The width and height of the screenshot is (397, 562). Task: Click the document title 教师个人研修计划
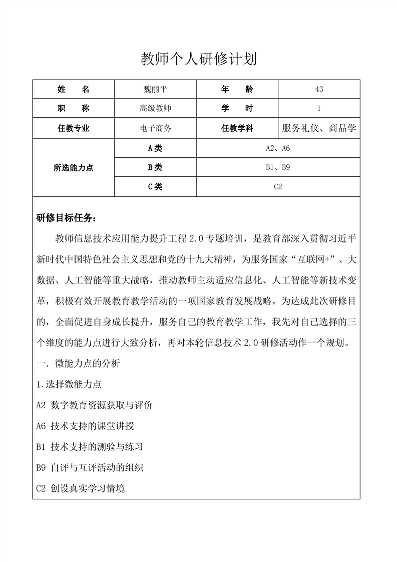(198, 60)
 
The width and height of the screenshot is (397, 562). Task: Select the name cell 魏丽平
(155, 89)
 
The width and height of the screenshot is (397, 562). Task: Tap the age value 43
(319, 89)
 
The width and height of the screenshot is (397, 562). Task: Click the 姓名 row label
(74, 89)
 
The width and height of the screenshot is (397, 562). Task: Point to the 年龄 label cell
(237, 89)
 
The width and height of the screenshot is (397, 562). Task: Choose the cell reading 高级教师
(155, 108)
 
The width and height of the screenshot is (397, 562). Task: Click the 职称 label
(74, 108)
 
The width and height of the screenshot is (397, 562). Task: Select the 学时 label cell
(237, 108)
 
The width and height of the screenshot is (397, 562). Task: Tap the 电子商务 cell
(155, 128)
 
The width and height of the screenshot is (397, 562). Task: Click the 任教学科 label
(237, 128)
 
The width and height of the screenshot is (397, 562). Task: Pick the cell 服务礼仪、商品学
(319, 128)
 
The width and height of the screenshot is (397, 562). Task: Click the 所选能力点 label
(74, 168)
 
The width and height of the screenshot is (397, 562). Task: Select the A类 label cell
(155, 148)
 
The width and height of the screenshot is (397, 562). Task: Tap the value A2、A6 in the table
(278, 148)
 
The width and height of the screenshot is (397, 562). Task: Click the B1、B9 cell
(278, 167)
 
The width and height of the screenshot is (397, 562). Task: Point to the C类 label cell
(155, 187)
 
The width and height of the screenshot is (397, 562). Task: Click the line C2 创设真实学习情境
(81, 488)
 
